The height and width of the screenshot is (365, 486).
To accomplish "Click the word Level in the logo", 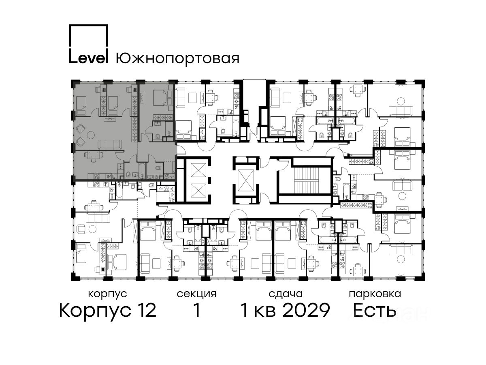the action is click(89, 58).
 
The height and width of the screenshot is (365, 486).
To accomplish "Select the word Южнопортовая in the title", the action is click(177, 59).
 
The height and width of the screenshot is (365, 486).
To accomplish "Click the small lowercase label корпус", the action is click(108, 294).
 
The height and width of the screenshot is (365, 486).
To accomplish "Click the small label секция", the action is click(196, 294).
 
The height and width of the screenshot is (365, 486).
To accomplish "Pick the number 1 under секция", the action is click(196, 310).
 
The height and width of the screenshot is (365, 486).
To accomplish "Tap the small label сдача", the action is click(286, 294).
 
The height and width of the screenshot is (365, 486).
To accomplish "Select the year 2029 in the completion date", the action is click(307, 310).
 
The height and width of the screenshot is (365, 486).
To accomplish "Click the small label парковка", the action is click(375, 294).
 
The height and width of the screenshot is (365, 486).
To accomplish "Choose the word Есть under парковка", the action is click(374, 310).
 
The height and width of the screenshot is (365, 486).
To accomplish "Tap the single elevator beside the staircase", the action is click(246, 180).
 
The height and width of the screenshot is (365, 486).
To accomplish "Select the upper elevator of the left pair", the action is click(198, 170).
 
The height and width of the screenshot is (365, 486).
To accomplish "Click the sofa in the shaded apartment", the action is click(110, 144).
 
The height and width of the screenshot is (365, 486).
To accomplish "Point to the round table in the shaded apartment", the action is click(91, 135).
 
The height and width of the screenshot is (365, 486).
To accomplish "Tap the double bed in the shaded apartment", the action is click(160, 97).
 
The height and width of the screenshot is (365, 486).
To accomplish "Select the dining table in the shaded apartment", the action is click(91, 155).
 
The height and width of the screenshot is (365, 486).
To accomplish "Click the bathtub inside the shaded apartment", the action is click(142, 171).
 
